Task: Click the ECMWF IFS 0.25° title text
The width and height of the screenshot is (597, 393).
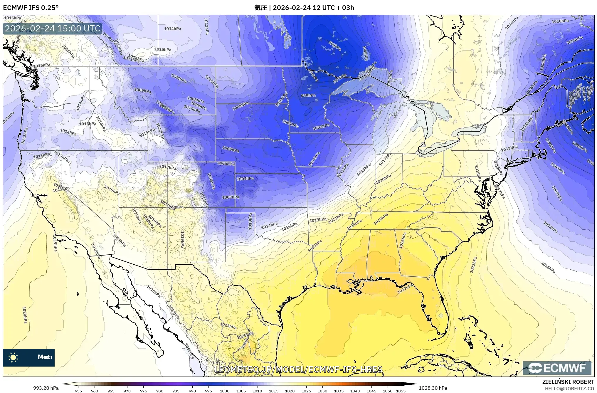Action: point(31,8)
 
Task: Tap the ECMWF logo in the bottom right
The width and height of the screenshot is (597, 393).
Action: point(556,368)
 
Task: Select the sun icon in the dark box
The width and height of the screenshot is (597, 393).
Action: point(13,357)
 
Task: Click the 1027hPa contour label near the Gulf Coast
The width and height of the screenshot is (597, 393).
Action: point(405,288)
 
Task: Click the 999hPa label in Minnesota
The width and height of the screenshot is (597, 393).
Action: point(308,95)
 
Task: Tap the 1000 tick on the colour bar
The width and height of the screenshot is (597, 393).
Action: point(225,391)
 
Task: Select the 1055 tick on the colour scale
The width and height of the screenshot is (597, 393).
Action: point(401,391)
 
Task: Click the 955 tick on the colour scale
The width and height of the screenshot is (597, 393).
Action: point(78,391)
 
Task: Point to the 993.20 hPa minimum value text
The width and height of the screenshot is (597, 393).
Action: point(46,388)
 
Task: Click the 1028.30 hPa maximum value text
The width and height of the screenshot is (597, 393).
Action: point(433,388)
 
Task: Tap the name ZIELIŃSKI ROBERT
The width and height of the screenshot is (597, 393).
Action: point(568,382)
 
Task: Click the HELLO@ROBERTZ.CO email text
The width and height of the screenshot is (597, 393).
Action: point(569,388)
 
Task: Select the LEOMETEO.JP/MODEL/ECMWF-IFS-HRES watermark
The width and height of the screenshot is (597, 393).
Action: point(298,369)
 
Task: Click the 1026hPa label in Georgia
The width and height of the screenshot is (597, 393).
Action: point(402,240)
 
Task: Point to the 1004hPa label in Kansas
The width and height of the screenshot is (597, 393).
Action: point(245,179)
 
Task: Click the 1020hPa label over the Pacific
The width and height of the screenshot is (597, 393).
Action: point(25,315)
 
